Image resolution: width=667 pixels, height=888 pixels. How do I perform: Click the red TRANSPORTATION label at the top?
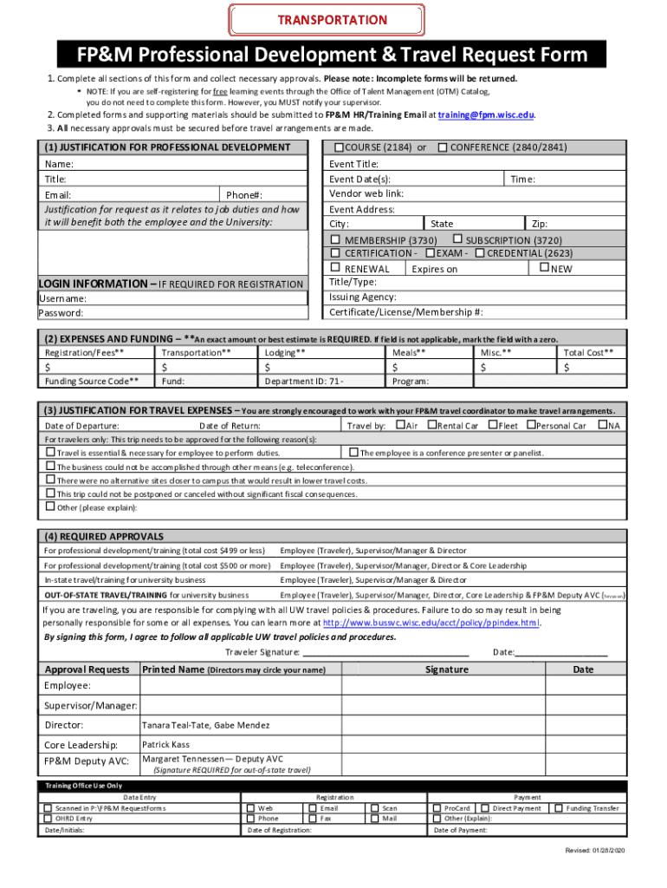333,19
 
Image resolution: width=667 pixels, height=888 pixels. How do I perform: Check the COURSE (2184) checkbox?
340,147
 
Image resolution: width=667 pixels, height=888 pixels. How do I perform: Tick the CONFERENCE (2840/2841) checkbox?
443,147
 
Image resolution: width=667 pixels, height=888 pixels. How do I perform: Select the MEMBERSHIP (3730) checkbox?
335,239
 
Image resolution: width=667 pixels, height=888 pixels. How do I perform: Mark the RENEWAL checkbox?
335,269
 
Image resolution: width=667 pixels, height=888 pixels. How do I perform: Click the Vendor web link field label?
366,193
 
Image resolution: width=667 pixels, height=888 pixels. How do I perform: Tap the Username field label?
62,298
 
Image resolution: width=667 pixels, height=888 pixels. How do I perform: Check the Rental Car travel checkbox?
431,425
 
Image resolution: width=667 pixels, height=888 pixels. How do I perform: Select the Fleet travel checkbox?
492,425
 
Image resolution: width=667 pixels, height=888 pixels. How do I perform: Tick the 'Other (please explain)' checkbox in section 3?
50,506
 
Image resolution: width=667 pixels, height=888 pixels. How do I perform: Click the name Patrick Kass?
167,745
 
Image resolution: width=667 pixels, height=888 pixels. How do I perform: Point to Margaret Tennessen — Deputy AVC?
212,759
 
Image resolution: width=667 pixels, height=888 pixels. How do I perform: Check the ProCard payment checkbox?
437,808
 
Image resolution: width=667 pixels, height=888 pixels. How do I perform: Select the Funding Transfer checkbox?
559,808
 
